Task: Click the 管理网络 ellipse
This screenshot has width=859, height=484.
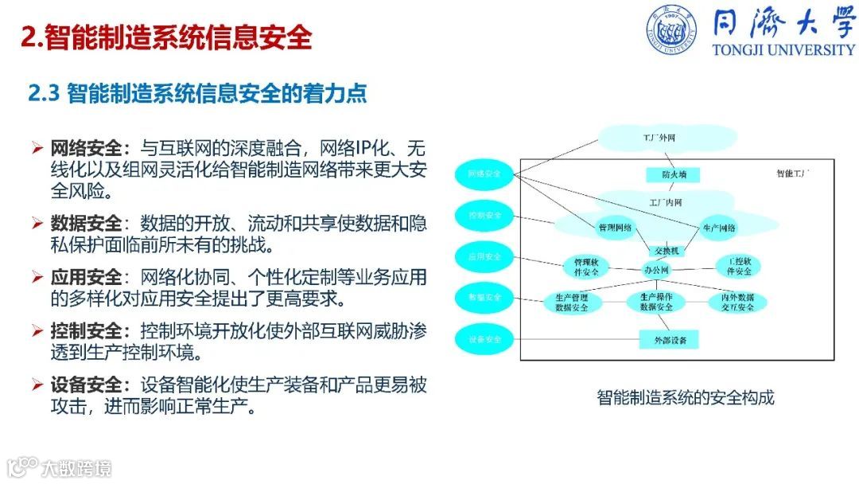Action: [615, 228]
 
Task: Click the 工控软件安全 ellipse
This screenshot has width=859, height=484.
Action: [733, 266]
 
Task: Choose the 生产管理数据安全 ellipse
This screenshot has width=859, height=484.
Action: [573, 302]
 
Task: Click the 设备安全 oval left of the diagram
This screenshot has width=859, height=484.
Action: [484, 340]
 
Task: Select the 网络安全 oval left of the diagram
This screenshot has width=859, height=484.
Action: [484, 174]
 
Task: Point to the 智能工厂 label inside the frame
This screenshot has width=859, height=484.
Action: [793, 174]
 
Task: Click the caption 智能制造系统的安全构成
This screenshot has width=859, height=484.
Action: [685, 396]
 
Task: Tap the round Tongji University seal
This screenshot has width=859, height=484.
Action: [672, 31]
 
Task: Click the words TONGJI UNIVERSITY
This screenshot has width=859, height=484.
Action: [783, 49]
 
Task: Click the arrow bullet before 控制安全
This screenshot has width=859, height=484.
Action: [37, 330]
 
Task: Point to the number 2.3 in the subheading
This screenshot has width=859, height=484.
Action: [45, 94]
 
